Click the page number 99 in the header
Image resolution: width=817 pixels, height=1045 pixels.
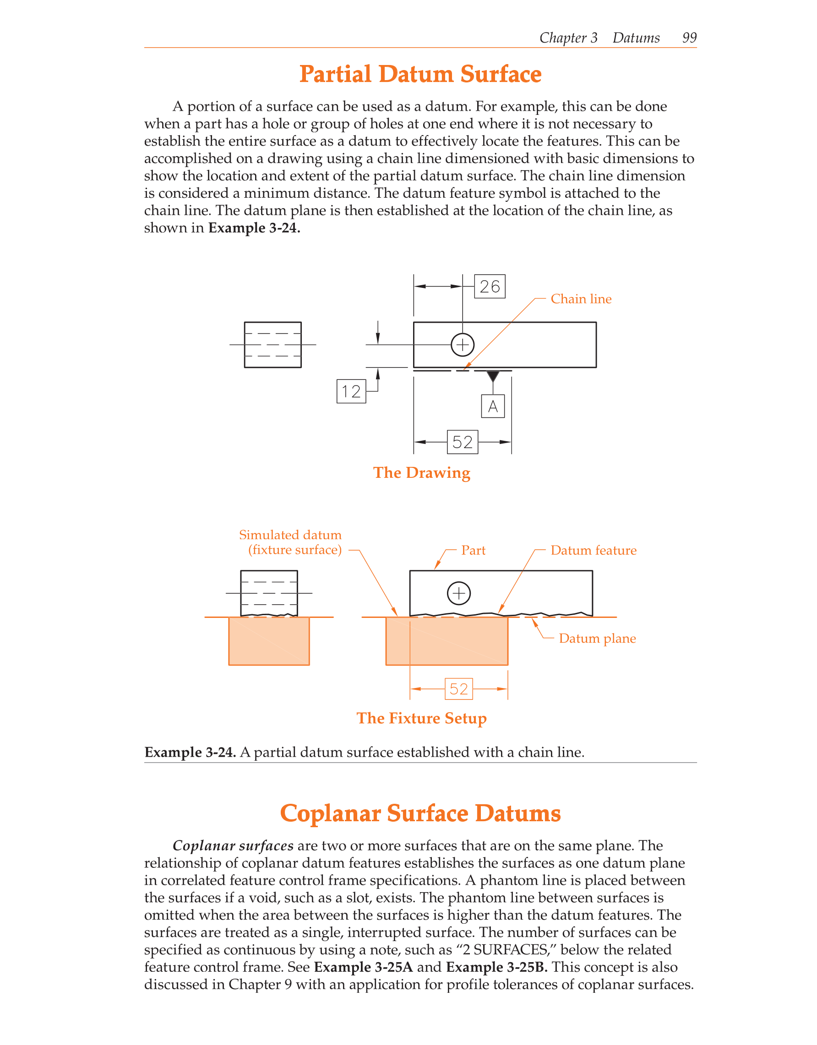[689, 38]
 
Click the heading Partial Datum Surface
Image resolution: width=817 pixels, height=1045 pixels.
[420, 75]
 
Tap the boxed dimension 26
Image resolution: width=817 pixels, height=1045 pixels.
[489, 287]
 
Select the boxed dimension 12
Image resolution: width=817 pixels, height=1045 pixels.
[351, 391]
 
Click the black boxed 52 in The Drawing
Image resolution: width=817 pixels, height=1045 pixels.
[462, 442]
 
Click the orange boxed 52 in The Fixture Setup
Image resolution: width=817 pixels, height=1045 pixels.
[458, 689]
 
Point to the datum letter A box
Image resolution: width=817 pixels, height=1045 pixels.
[492, 406]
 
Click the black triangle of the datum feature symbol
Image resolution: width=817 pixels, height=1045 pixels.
[492, 376]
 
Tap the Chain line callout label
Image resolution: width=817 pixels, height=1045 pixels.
[581, 299]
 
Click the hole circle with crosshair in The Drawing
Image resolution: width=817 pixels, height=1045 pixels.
[463, 345]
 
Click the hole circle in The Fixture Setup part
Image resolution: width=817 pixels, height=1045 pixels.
[458, 593]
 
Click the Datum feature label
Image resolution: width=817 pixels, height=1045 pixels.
[593, 550]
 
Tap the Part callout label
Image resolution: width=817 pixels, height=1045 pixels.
[473, 550]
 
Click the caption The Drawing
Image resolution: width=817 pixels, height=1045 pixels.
[421, 473]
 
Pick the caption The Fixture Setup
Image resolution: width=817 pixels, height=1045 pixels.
[421, 718]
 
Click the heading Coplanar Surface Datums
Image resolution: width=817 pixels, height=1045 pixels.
[420, 813]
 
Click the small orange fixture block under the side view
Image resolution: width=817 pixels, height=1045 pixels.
[268, 641]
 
